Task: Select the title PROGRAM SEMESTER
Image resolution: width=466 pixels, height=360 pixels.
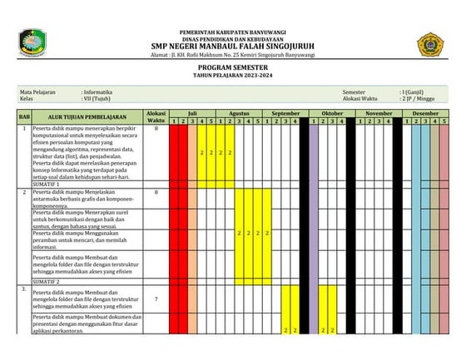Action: pyautogui.click(x=232, y=68)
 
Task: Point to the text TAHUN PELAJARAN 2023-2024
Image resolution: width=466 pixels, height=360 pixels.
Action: pyautogui.click(x=232, y=76)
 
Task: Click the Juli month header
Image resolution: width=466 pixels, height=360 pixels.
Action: pyautogui.click(x=192, y=112)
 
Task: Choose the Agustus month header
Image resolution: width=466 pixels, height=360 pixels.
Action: pyautogui.click(x=239, y=112)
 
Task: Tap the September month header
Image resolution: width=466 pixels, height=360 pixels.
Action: pyautogui.click(x=285, y=112)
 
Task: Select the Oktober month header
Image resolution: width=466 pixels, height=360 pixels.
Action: pyautogui.click(x=332, y=112)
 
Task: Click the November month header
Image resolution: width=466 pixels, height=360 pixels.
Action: pyautogui.click(x=379, y=112)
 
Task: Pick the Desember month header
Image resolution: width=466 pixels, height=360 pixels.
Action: pyautogui.click(x=425, y=112)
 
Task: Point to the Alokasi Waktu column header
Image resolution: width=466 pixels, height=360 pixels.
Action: pyautogui.click(x=156, y=117)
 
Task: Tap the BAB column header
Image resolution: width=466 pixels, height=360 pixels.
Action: pyautogui.click(x=25, y=117)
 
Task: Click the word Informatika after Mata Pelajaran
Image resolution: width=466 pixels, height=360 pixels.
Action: pyautogui.click(x=98, y=91)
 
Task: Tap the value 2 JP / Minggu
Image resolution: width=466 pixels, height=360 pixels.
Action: pyautogui.click(x=419, y=98)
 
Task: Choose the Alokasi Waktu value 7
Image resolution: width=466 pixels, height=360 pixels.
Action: pyautogui.click(x=156, y=298)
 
